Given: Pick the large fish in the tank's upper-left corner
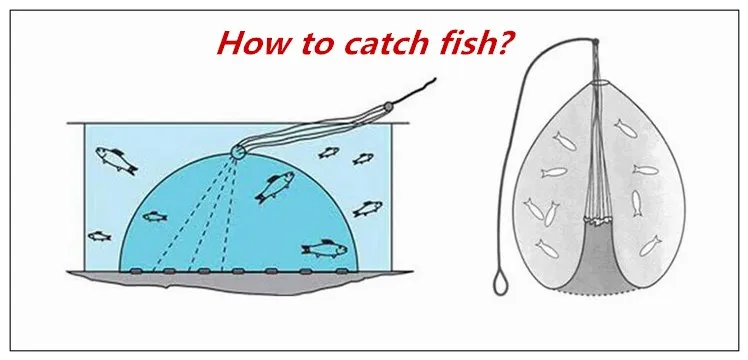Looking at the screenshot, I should [x=114, y=158].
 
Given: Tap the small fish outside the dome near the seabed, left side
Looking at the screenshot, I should [x=99, y=237].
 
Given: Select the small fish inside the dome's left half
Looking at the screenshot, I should [x=154, y=216].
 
